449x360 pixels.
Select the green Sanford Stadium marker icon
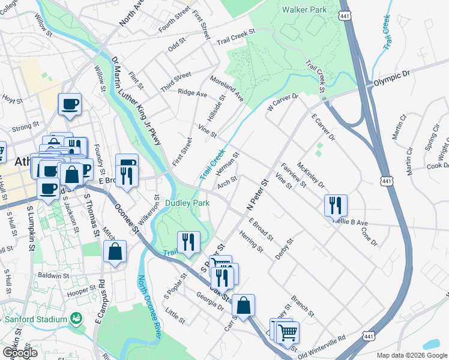coord(76,317)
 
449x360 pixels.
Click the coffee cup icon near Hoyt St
coord(70,104)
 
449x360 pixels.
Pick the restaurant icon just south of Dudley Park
coord(188,242)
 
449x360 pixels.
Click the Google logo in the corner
coord(20,352)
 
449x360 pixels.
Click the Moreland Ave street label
coord(226,89)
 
